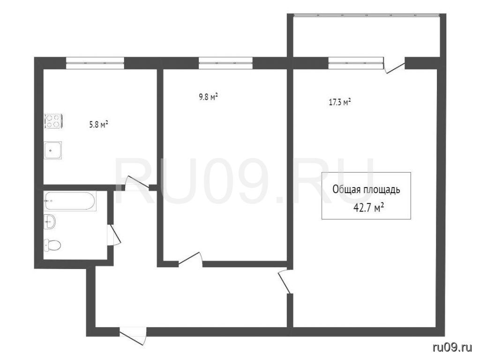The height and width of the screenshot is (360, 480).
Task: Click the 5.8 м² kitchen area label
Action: pos(98,124)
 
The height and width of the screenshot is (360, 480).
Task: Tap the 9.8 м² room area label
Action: pos(208,97)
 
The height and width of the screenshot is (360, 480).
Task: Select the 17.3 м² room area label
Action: pos(340,102)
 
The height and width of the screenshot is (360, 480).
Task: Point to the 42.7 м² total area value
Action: pos(368,208)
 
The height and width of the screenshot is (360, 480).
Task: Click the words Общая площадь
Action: pos(366,190)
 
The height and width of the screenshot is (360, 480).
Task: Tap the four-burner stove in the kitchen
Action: pos(54,120)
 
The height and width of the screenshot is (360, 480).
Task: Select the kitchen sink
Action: pos(52,150)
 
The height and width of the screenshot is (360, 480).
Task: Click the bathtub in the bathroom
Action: pos(70,201)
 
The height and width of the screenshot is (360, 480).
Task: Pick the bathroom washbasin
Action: pos(50,222)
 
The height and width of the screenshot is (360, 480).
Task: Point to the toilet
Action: pos(52,245)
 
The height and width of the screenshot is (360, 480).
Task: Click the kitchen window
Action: pos(95,63)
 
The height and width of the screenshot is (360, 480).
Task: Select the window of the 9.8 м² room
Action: pos(225,63)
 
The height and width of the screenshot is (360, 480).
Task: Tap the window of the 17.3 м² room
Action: pos(356,63)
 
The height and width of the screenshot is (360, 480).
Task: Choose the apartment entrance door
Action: pos(133,336)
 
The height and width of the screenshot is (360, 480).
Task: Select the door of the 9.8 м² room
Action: pos(190,259)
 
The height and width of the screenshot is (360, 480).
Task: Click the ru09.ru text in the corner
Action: pos(452,347)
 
